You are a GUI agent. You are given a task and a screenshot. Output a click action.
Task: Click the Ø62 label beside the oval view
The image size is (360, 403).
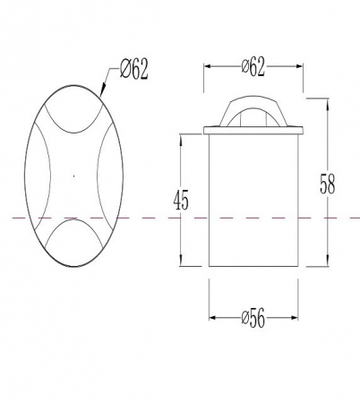(x=133, y=70)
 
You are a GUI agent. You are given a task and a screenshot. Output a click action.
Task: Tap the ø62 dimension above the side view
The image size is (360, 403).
(x=253, y=67)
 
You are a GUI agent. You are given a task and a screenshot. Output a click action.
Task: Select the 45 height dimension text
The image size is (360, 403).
(x=181, y=201)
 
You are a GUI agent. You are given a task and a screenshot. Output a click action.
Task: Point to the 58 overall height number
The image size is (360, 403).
(x=328, y=184)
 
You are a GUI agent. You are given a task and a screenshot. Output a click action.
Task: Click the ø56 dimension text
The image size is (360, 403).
(x=253, y=318)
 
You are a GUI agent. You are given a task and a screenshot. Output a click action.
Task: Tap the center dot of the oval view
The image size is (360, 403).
(x=73, y=176)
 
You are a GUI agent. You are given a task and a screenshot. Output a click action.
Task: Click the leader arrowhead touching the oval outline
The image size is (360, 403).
(x=102, y=90)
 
